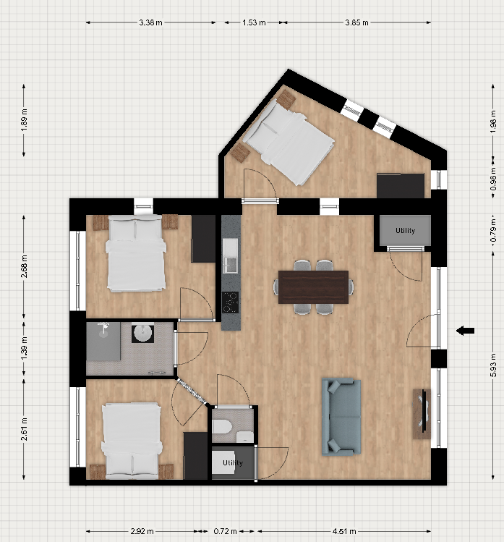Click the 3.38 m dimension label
point(150,23)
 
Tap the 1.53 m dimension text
point(254,23)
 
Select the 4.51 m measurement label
point(344,531)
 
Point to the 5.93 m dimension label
point(494,365)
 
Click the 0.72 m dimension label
point(225,531)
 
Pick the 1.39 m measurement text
point(24,348)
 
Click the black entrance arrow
point(465,331)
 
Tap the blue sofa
point(341,416)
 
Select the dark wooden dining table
point(313,287)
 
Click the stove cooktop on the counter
point(230,302)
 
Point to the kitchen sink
point(230,265)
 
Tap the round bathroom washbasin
point(143,333)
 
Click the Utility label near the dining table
point(405,231)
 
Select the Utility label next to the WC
point(233,463)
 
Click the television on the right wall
point(424,414)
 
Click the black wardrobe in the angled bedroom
point(401,186)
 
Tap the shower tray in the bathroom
point(103,342)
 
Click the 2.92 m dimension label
point(142,531)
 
